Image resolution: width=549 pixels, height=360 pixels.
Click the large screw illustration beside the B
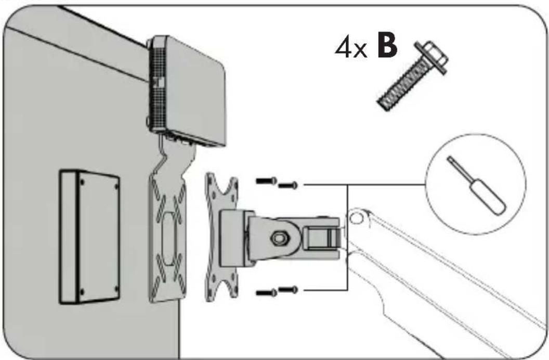tap(412, 75)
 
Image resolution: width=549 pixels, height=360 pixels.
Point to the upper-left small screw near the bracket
tap(266, 181)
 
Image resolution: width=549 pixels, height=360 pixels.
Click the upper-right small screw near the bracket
tap(288, 185)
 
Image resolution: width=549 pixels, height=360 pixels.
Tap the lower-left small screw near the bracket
tap(266, 293)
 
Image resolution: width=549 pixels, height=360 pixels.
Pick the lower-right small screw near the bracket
tap(288, 289)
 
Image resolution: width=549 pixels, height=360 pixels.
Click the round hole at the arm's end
tap(356, 218)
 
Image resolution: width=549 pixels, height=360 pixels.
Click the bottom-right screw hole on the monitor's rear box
tap(116, 288)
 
